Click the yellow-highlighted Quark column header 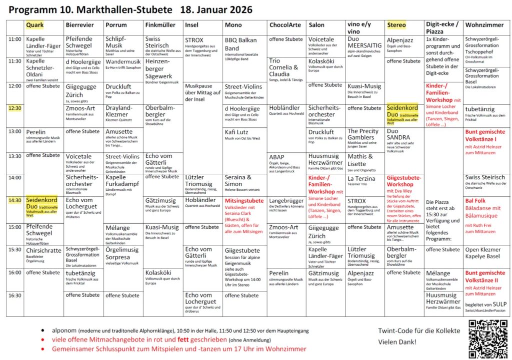[x=34, y=25]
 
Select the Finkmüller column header [x=160, y=25]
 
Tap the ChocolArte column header [x=285, y=25]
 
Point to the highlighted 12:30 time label [x=15, y=108]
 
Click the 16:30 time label [x=15, y=295]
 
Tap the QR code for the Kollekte [x=486, y=339]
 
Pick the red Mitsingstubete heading [x=244, y=200]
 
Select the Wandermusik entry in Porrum [x=123, y=61]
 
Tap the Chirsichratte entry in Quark [x=43, y=250]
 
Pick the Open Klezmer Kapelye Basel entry [x=482, y=253]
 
